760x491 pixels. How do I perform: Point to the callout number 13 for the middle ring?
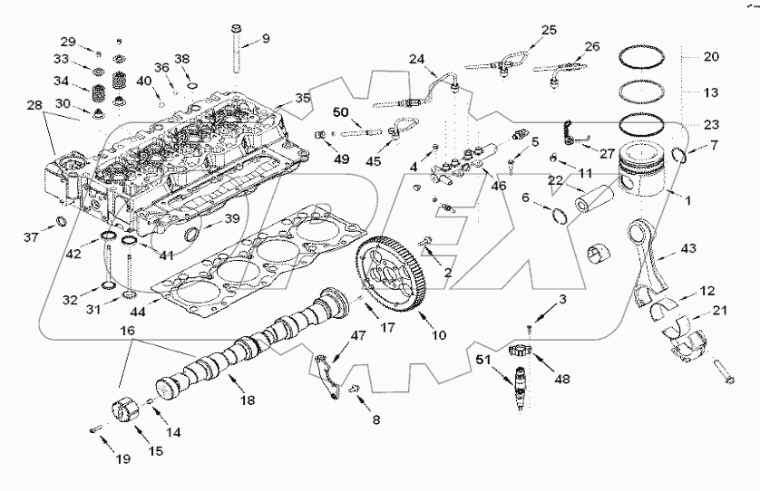point(710,91)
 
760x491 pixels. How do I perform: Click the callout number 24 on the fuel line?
point(415,59)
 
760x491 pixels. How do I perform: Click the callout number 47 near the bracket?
point(359,336)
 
